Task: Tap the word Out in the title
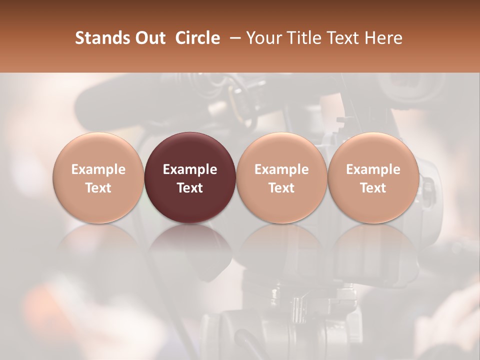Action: pyautogui.click(x=149, y=38)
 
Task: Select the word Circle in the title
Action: pyautogui.click(x=197, y=38)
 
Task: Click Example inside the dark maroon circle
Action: pyautogui.click(x=190, y=169)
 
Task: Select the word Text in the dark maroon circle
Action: pyautogui.click(x=190, y=188)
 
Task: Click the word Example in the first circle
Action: pyautogui.click(x=98, y=169)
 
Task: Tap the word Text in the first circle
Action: pyautogui.click(x=98, y=188)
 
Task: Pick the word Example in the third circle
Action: pyautogui.click(x=281, y=169)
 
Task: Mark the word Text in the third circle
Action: pyautogui.click(x=281, y=188)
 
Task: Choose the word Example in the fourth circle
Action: pyautogui.click(x=373, y=169)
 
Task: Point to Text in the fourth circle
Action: pyautogui.click(x=373, y=188)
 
